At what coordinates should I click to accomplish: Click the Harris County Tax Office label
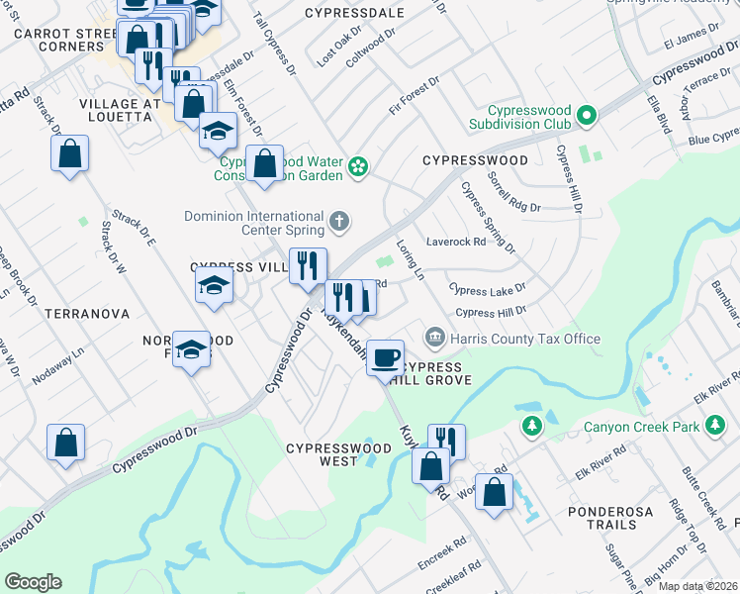click(525, 339)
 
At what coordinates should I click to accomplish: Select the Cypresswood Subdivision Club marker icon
click(586, 117)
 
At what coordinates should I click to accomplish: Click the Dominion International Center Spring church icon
click(339, 221)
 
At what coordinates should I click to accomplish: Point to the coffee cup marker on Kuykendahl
click(385, 356)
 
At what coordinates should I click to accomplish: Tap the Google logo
click(33, 582)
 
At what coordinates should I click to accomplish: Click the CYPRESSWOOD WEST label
click(338, 454)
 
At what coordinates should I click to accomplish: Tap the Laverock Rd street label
click(456, 241)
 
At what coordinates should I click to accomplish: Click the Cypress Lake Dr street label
click(486, 290)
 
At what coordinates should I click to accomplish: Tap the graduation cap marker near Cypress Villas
click(213, 286)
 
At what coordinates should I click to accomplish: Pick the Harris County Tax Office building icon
click(433, 339)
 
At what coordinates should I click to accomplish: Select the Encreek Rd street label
click(441, 552)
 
